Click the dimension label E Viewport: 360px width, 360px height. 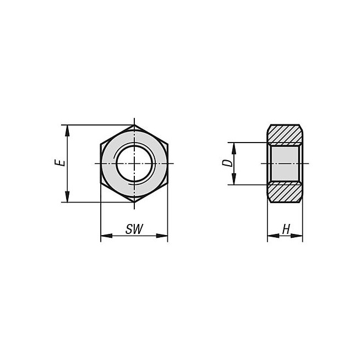click(59, 162)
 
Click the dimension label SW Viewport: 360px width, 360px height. click(134, 229)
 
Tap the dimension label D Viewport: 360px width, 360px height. click(227, 163)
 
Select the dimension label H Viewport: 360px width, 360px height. click(286, 229)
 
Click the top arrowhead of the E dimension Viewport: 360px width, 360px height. click(67, 130)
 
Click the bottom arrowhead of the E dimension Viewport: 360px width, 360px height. click(67, 197)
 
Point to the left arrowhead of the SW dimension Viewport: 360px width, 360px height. click(107, 236)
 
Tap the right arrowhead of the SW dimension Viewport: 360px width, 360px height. click(162, 236)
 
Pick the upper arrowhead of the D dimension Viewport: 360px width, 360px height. click(234, 148)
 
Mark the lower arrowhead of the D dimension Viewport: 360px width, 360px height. click(234, 179)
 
